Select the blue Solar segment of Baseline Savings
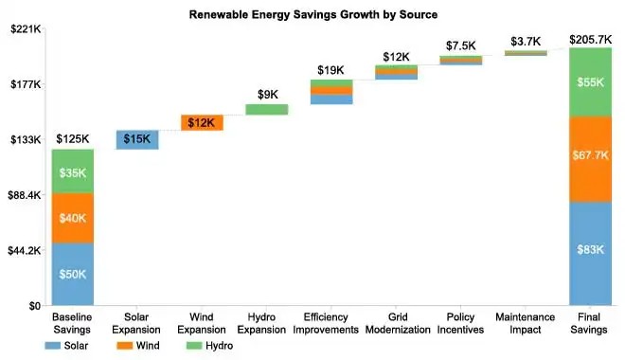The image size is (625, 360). tap(73, 274)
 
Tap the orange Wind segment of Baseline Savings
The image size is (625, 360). tap(73, 218)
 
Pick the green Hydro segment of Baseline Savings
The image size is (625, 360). tap(73, 171)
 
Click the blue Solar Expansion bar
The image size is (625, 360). tap(137, 139)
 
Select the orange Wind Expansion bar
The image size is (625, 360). tap(202, 122)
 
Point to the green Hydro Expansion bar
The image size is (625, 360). tap(266, 109)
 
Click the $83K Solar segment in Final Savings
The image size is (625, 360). tap(589, 253)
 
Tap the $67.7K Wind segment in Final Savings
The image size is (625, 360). tap(589, 159)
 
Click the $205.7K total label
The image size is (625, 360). tap(589, 40)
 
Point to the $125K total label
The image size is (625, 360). tap(73, 139)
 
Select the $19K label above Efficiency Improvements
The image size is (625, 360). tap(331, 70)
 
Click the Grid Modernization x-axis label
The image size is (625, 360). tap(396, 323)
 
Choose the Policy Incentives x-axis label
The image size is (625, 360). tap(460, 323)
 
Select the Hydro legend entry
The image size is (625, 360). tap(213, 346)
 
